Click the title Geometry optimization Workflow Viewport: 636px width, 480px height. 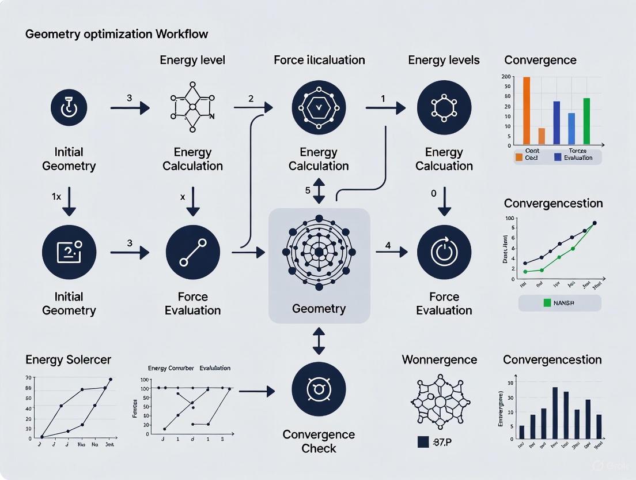click(116, 34)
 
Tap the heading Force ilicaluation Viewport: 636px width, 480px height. click(319, 60)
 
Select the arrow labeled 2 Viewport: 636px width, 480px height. click(253, 107)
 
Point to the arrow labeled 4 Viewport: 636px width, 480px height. click(392, 252)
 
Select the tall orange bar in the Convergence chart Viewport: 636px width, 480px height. click(526, 110)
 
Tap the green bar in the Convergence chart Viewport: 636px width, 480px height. click(586, 121)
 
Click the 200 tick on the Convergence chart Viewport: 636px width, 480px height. click(506, 77)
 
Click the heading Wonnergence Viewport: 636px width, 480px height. click(439, 360)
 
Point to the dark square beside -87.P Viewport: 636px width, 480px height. click(422, 442)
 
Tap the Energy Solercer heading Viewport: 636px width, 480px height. click(68, 360)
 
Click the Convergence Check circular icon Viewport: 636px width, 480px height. click(319, 389)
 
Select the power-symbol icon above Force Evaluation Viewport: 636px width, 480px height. click(444, 252)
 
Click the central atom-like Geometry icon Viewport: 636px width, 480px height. click(319, 252)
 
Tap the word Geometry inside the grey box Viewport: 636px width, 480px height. click(319, 309)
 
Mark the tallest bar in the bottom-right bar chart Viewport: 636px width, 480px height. click(555, 413)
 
